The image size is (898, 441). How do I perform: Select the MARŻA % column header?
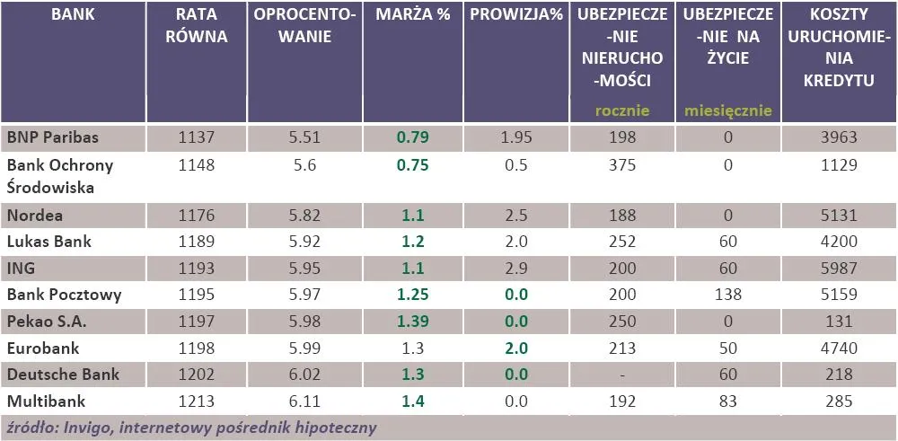pos(413,17)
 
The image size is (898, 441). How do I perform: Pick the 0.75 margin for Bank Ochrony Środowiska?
pos(413,165)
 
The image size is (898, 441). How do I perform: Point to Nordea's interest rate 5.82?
pos(304,216)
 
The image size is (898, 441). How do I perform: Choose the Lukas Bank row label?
pos(48,241)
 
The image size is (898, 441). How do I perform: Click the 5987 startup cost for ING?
pos(840,267)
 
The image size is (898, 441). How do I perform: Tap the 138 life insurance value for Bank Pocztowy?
pos(727,294)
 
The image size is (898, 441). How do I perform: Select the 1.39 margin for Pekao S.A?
pos(413,321)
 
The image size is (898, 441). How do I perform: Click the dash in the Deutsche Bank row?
pos(621,374)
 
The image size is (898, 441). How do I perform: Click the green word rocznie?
pos(622,111)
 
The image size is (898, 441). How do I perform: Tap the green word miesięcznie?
pos(727,111)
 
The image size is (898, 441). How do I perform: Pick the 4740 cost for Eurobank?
pos(840,347)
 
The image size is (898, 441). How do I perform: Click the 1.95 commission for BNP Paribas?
pos(516,137)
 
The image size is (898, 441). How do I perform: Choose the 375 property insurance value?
pos(621,165)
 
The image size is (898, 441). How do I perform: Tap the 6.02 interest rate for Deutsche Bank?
pos(304,374)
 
